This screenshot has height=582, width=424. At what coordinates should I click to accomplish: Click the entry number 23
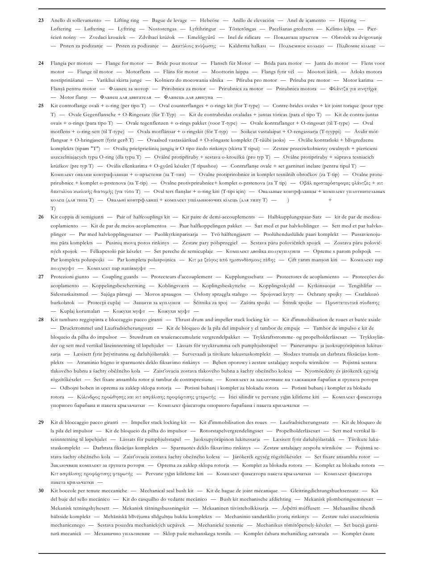(x=41, y=20)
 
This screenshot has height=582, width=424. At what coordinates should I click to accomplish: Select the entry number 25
(x=41, y=106)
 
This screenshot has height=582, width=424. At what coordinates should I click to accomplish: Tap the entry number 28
(x=41, y=320)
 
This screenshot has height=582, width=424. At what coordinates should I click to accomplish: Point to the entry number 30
(x=41, y=491)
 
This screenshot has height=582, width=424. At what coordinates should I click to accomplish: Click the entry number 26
(x=41, y=217)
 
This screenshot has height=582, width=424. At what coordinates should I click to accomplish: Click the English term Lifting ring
(x=126, y=20)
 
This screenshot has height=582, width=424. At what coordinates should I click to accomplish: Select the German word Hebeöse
(x=209, y=20)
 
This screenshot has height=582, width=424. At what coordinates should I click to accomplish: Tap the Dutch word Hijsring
(x=347, y=20)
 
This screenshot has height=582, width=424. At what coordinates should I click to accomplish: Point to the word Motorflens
(x=138, y=71)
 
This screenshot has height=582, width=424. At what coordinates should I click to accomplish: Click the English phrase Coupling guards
(x=120, y=277)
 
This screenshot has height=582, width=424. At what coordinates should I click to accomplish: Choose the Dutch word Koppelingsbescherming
(x=119, y=285)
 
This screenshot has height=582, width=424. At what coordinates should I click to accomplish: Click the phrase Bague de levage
(x=170, y=20)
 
